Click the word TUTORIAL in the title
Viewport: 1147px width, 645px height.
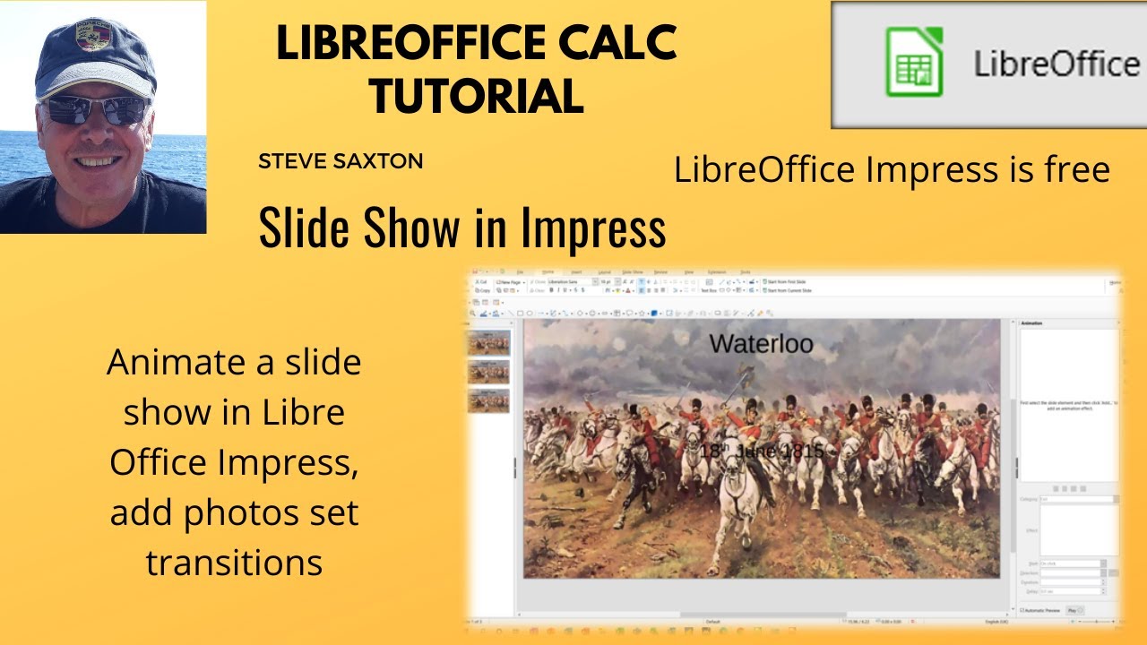click(x=476, y=95)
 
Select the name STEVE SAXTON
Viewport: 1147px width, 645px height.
click(x=341, y=162)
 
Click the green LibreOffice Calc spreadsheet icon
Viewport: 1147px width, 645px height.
click(x=914, y=62)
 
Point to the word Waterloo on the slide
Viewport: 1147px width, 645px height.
click(x=761, y=343)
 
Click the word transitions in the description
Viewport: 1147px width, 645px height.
click(x=234, y=563)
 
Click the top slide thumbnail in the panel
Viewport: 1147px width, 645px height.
click(x=489, y=342)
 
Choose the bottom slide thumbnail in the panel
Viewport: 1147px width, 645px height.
click(x=489, y=400)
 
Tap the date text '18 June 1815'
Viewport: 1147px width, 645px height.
click(x=761, y=451)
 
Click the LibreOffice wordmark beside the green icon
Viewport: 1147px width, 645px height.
click(x=1056, y=64)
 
